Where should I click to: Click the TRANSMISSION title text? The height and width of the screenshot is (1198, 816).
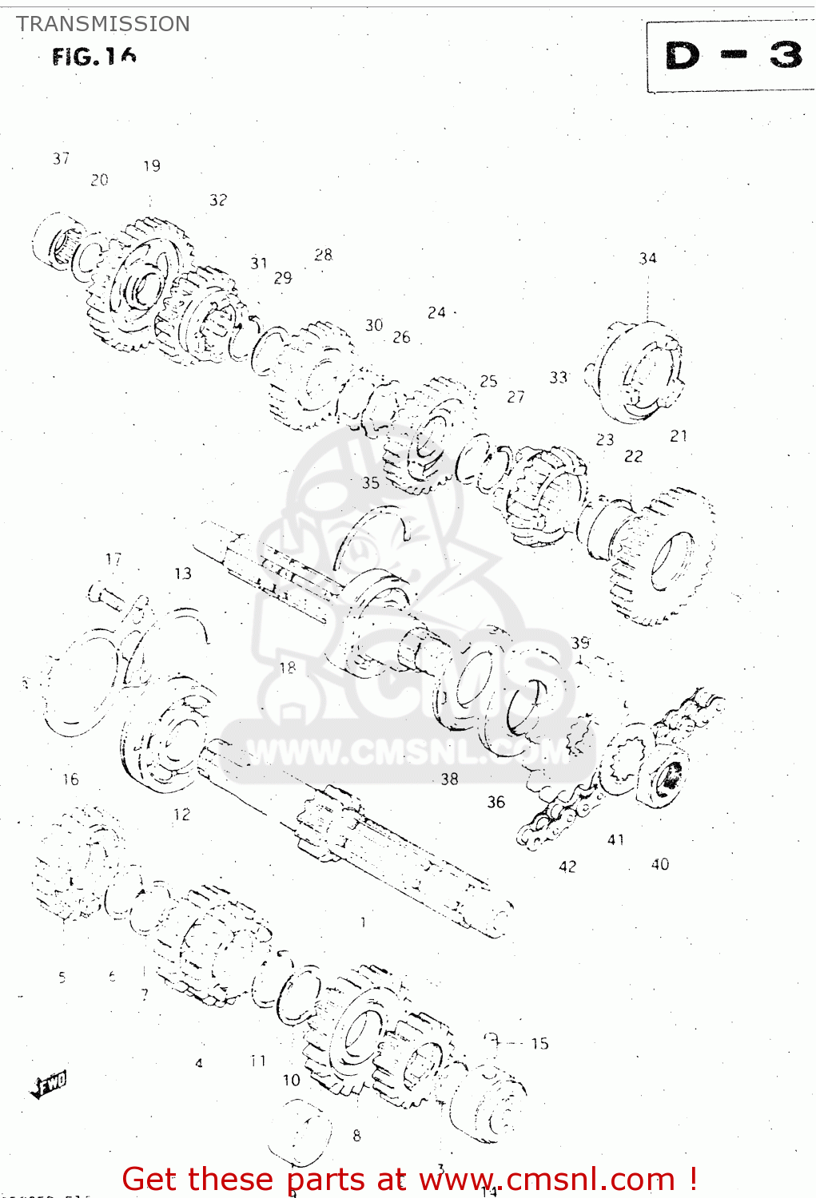[x=103, y=24]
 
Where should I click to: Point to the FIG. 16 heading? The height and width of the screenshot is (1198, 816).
[x=94, y=57]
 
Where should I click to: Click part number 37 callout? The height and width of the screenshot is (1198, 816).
[x=62, y=159]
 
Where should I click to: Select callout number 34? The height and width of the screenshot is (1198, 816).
[x=647, y=259]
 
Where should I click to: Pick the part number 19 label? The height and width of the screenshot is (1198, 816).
[x=152, y=166]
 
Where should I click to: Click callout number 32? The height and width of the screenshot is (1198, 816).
[x=218, y=200]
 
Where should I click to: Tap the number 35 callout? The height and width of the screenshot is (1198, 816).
[x=370, y=482]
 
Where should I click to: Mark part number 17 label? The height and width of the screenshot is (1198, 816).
[x=113, y=559]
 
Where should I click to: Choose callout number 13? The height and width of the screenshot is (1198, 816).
[x=183, y=573]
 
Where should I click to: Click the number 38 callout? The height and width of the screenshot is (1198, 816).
[x=450, y=779]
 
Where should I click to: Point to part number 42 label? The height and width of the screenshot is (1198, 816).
[x=567, y=867]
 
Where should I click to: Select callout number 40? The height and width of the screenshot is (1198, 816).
[x=660, y=864]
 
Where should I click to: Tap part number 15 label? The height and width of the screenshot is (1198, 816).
[x=540, y=1043]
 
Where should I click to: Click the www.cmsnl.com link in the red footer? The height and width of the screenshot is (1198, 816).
[x=547, y=1180]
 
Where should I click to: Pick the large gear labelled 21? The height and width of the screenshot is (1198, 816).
[x=663, y=555]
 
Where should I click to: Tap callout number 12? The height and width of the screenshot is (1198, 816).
[x=182, y=815]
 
